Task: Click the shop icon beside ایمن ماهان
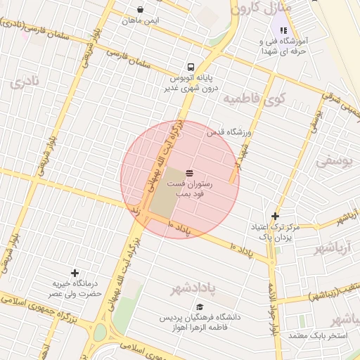pos(141,10)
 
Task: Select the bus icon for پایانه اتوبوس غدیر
pos(192,68)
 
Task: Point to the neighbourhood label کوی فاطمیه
pos(251,98)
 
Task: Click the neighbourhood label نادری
pos(26,82)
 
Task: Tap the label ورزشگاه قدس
pos(229,131)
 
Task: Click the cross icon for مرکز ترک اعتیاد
pos(275,216)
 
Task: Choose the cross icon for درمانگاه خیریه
pos(75,272)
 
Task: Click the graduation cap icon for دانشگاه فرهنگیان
pos(200,307)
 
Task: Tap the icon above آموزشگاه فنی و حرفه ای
pos(283,30)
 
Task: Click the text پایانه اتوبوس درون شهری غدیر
pos(192,84)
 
